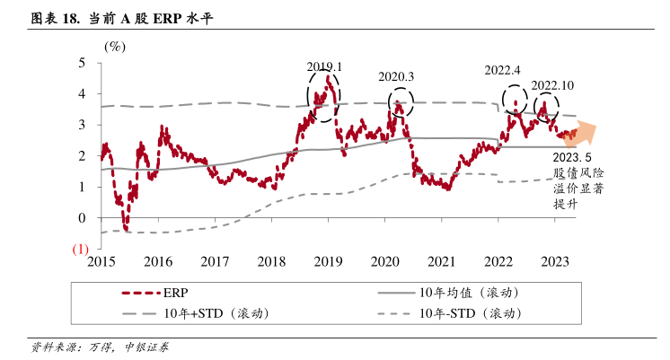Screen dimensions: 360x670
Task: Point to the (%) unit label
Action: point(115,46)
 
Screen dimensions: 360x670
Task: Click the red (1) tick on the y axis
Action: point(79,249)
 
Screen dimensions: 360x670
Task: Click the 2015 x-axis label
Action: point(101,261)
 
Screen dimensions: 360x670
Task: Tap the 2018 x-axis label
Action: point(271,261)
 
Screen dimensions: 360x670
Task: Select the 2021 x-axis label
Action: point(441,261)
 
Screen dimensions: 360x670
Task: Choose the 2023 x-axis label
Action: point(554,261)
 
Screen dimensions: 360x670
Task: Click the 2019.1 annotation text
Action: point(324,67)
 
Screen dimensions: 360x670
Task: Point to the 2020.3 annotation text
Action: point(395,77)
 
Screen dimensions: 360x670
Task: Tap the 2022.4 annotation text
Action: point(503,70)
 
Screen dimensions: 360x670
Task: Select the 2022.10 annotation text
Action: point(552,85)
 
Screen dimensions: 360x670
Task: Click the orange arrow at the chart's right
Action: point(581,133)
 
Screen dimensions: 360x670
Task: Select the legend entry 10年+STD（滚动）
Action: point(219,313)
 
